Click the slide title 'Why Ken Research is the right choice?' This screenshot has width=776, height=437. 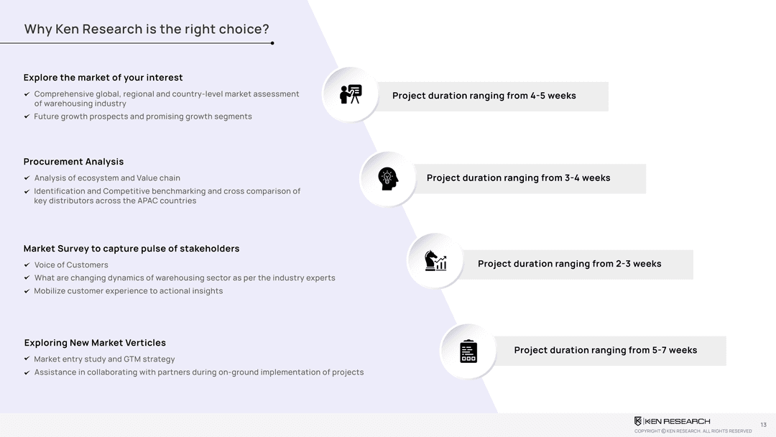147,29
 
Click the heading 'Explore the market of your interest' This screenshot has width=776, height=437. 103,78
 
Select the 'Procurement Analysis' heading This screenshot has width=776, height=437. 73,162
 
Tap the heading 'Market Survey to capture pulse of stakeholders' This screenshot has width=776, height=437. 131,249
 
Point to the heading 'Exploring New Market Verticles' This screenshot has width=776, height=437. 95,342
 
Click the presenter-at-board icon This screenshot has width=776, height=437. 351,94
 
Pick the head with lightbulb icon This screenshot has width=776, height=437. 388,179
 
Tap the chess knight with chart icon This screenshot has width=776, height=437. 435,260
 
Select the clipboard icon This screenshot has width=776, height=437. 468,351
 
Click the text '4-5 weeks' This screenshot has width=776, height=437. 553,96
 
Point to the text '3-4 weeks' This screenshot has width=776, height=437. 588,178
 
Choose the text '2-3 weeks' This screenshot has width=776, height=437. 639,264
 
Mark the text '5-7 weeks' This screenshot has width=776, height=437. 675,350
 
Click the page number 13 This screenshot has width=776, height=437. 763,425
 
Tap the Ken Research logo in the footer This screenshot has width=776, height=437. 672,421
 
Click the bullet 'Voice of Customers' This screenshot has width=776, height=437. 70,264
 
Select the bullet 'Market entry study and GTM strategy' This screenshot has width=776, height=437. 104,359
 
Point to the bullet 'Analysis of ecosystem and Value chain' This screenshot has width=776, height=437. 107,178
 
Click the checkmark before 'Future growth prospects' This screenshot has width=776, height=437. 27,116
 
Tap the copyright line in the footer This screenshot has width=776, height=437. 693,431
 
